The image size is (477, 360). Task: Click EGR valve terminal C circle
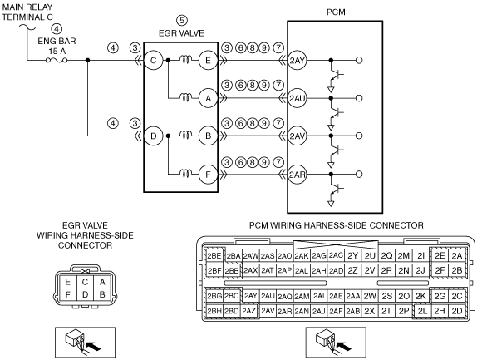point(153,60)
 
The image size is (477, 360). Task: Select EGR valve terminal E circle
point(208,60)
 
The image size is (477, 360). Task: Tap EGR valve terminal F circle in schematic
point(208,175)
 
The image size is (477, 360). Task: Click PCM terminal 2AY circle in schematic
point(297,60)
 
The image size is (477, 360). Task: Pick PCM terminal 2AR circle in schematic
point(297,175)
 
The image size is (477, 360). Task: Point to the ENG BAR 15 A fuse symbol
point(57,60)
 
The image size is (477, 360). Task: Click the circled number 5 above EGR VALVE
point(182,21)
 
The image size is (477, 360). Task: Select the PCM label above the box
point(336,12)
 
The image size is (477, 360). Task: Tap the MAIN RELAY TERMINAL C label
point(27,12)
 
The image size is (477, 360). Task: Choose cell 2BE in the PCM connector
point(214,256)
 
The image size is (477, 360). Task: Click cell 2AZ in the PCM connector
point(248,311)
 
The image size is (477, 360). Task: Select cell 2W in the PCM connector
point(370,296)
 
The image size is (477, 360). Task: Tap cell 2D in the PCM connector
point(457,311)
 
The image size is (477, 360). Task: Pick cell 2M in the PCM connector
point(404,256)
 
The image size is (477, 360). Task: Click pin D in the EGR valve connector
point(85,294)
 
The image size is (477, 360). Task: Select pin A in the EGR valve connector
point(102,282)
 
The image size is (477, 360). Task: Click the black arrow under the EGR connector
point(93,346)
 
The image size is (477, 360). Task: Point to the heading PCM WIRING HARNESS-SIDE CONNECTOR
point(337,225)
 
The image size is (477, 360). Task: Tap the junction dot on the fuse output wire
point(87,60)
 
